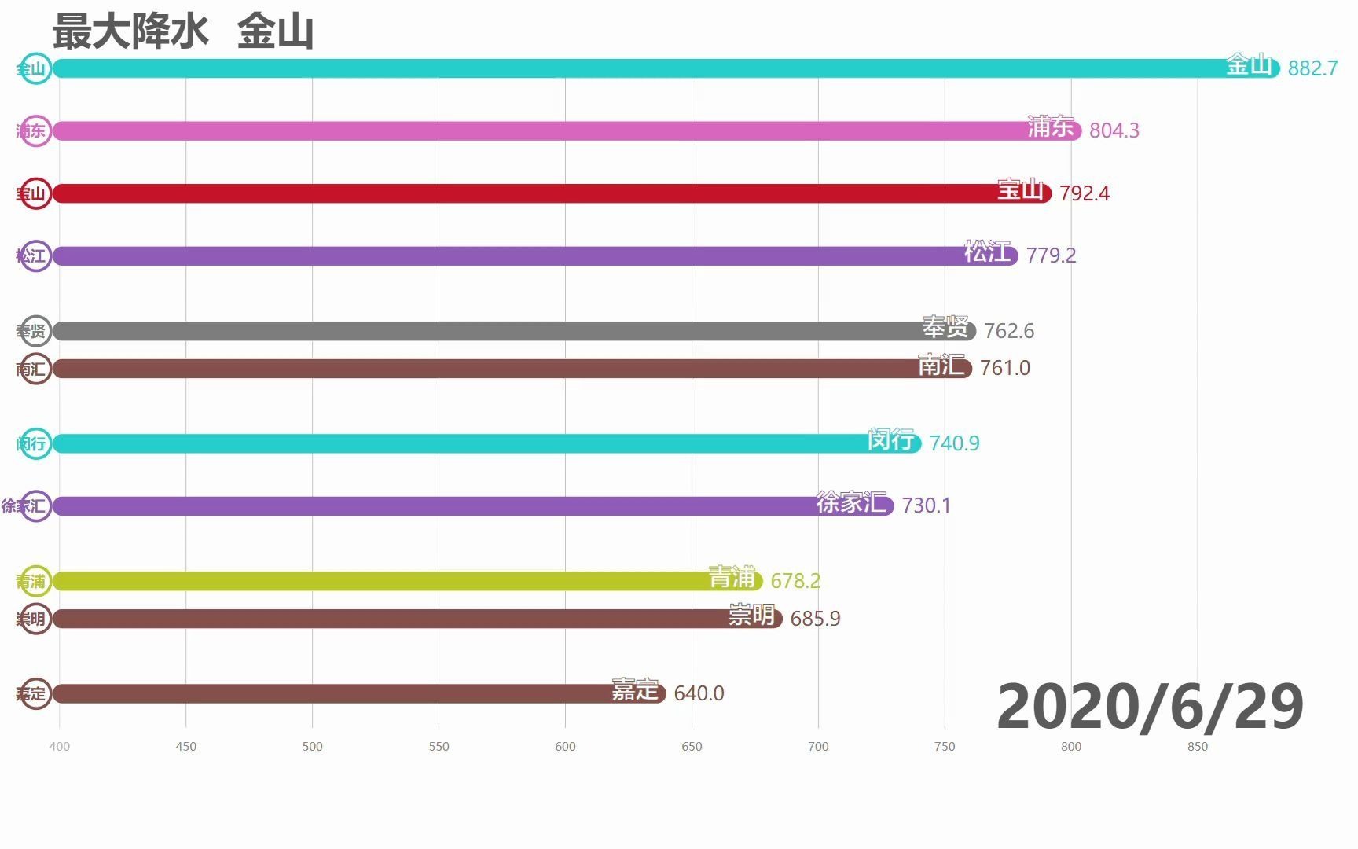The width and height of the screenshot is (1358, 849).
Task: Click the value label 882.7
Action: tap(1312, 68)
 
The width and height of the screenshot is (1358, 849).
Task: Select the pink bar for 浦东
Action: tap(550, 130)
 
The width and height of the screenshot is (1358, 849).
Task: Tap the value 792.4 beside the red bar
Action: tap(1084, 193)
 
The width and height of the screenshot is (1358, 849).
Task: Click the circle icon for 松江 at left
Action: tap(35, 255)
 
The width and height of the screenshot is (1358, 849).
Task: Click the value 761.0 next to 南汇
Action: tap(1004, 368)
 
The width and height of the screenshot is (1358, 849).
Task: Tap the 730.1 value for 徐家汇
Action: tap(926, 505)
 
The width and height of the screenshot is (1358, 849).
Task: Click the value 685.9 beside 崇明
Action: tap(815, 619)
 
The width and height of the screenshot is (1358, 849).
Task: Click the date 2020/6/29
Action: tap(1150, 706)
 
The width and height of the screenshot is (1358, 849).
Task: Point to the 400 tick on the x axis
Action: tap(60, 746)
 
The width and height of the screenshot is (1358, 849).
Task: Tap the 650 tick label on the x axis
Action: tap(692, 746)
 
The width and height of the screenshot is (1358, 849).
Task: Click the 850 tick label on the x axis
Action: tap(1197, 746)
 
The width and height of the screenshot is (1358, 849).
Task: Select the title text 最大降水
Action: tap(130, 32)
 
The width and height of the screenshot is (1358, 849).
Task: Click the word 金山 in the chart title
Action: tap(275, 32)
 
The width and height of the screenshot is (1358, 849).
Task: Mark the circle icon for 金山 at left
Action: tap(35, 68)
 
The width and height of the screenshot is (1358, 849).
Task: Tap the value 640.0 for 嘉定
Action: tap(699, 693)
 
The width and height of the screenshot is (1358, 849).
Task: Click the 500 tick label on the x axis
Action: tap(313, 746)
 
